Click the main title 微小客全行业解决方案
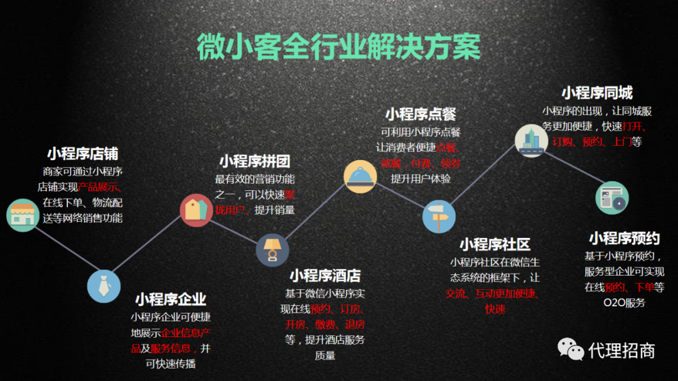coord(338,46)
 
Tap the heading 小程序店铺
coord(83,154)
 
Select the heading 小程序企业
coord(171,299)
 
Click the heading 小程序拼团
coord(255,161)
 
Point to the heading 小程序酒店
coord(325,276)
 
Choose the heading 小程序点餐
coord(421,114)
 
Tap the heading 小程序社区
coord(495,244)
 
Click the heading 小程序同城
coord(597,92)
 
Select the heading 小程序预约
coord(625,239)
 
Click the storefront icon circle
coord(23,215)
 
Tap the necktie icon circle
coord(104,286)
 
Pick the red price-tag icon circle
coord(196,210)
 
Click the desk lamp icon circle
coord(272,250)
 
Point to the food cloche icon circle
coord(360,176)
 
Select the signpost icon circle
coord(439,216)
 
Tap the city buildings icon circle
coord(532,141)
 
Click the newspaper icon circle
coord(612,198)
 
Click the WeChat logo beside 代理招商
coord(570,349)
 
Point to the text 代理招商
coord(621,350)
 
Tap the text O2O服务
coord(625,303)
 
